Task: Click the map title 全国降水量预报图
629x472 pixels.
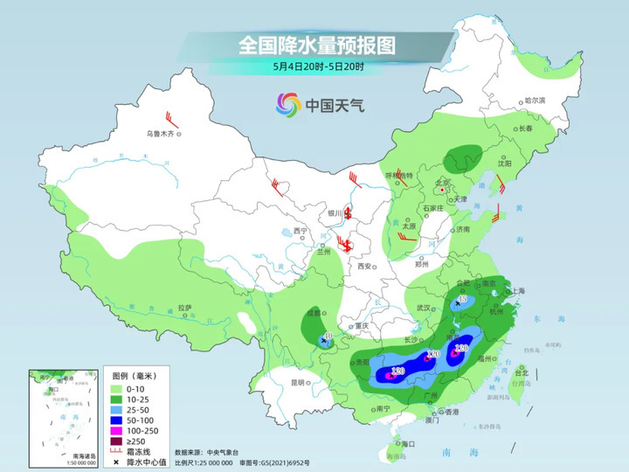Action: click(x=315, y=44)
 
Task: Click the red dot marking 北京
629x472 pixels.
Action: click(x=443, y=189)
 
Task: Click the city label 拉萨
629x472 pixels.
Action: click(x=184, y=308)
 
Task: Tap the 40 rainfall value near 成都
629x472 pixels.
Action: click(x=328, y=336)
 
